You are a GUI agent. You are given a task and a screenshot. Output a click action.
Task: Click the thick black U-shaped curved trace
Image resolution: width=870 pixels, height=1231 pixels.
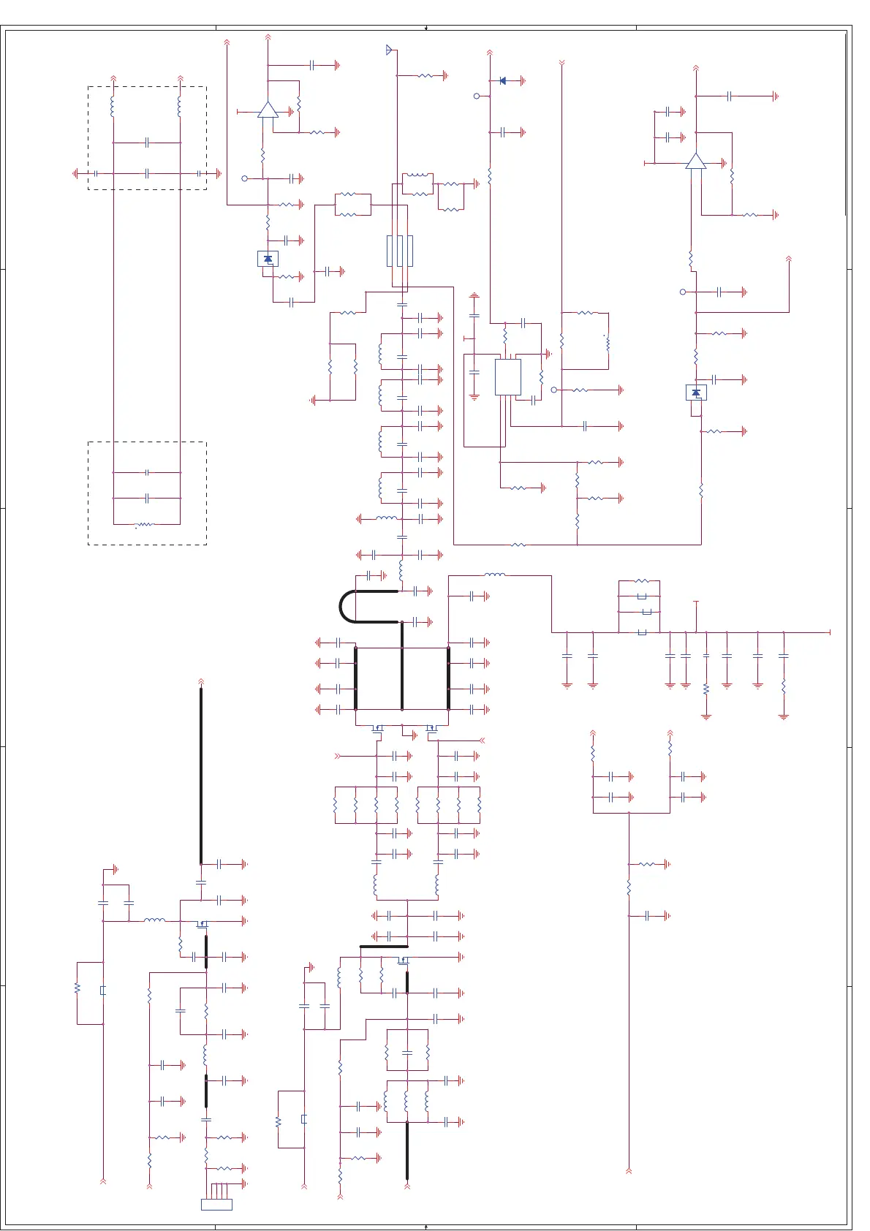(x=342, y=607)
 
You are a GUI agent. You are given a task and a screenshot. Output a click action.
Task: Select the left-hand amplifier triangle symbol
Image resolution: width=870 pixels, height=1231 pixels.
(x=268, y=110)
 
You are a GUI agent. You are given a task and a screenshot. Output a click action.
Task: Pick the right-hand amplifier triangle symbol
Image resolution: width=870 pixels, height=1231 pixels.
(x=695, y=162)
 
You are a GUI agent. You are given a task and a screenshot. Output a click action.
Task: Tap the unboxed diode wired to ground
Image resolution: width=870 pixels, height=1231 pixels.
(x=502, y=81)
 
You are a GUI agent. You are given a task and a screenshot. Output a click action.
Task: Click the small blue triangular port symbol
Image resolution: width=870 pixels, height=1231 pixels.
(x=389, y=50)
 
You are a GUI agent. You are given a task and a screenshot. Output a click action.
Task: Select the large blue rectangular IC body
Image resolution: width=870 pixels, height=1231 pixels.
(x=507, y=377)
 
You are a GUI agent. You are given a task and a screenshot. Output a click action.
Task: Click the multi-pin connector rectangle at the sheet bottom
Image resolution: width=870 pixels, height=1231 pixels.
(x=216, y=1204)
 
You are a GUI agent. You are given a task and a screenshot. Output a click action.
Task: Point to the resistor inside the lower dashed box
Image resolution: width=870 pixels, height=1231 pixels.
(x=145, y=524)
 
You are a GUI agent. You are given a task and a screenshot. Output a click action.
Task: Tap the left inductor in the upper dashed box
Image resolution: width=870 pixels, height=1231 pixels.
(x=113, y=107)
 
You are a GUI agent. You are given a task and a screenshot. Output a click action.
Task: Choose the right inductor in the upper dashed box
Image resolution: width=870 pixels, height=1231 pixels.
(x=180, y=107)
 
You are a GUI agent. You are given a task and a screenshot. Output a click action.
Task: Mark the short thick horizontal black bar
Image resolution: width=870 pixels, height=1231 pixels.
(x=383, y=947)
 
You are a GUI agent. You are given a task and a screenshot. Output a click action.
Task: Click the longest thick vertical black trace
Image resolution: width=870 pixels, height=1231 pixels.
(x=201, y=775)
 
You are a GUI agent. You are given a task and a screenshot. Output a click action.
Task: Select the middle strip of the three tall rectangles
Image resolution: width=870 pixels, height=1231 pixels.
(x=399, y=251)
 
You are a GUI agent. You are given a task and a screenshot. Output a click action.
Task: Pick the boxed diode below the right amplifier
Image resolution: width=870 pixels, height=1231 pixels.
(x=696, y=393)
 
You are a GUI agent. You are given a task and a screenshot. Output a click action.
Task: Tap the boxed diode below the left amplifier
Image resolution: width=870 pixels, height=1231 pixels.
(x=268, y=259)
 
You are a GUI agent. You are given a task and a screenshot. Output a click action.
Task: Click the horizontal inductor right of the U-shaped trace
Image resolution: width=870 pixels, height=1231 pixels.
(x=494, y=575)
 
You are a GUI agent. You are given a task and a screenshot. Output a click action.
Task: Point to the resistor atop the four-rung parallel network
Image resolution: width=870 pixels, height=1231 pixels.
(x=641, y=581)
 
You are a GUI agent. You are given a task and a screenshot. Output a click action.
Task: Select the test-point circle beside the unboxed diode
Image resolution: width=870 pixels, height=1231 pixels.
(x=477, y=96)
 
